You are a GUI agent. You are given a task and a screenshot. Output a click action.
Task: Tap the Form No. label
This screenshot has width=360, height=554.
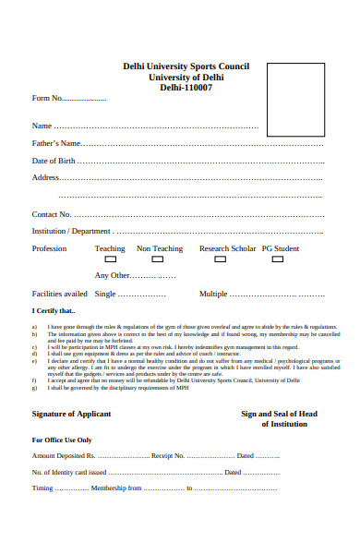47,97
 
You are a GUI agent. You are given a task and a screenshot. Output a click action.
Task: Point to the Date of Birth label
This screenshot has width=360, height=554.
54,161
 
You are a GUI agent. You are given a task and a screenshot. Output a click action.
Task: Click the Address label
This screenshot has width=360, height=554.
46,177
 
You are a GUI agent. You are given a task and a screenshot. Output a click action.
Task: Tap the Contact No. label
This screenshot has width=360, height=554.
52,213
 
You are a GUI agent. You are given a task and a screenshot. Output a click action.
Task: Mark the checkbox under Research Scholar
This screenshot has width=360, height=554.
221,259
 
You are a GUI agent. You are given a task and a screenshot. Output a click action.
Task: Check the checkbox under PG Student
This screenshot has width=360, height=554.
273,259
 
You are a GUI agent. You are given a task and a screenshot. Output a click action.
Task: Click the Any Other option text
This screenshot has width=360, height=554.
113,275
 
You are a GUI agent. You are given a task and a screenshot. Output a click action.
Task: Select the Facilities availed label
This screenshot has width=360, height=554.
60,294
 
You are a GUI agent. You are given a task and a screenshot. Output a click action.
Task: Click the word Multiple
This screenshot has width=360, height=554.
213,294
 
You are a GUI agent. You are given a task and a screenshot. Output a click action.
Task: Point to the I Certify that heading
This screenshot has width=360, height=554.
54,311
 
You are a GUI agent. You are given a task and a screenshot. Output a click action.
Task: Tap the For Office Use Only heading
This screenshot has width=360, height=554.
62,440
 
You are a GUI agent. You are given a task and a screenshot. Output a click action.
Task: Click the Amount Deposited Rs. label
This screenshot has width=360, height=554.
64,456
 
